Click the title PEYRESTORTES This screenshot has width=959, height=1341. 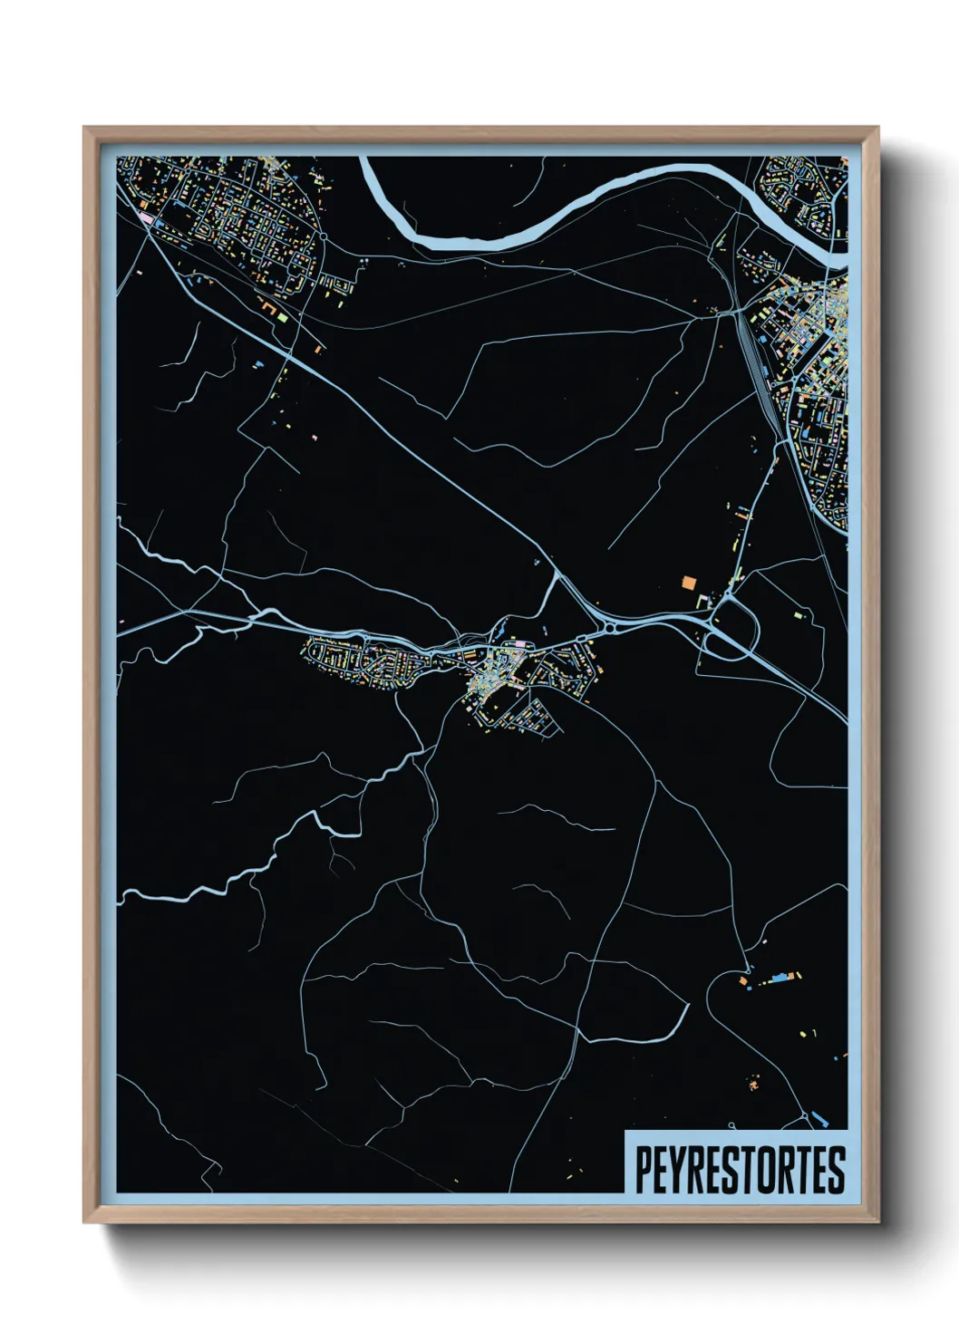(x=739, y=1169)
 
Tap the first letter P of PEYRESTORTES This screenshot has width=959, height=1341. (x=642, y=1169)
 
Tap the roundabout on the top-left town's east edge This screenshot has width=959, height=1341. (x=323, y=236)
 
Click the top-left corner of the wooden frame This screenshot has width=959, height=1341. (x=84, y=128)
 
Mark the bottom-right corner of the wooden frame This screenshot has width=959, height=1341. (x=877, y=1222)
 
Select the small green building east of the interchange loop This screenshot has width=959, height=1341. (x=798, y=615)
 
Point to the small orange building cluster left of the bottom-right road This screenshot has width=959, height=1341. (x=754, y=1082)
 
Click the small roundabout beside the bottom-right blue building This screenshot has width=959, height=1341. (x=806, y=1114)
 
